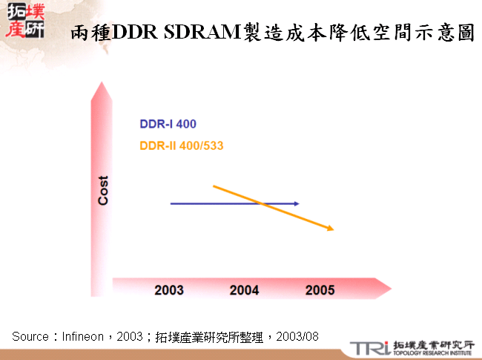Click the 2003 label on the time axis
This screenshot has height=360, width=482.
[169, 289]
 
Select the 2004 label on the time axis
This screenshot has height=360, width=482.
[245, 289]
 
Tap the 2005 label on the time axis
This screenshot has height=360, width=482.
[320, 289]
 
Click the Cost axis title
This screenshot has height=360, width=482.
[104, 191]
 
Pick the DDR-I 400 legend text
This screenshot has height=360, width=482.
[168, 125]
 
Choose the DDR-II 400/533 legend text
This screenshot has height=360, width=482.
[182, 145]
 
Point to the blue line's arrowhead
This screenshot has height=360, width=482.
[297, 203]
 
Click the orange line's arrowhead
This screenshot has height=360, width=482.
[331, 229]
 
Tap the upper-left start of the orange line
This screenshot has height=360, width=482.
[214, 186]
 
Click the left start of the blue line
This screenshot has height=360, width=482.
[171, 203]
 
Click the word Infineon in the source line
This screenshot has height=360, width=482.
[82, 336]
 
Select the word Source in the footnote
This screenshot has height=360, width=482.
[29, 336]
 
